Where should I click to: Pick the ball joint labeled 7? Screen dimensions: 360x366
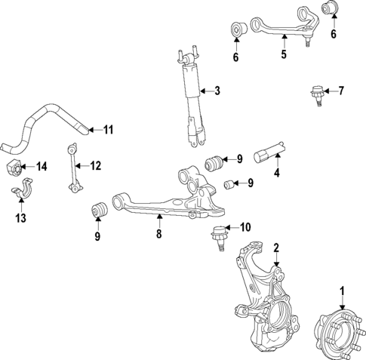coord(315,94)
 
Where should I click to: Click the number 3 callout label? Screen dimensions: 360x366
coord(217,91)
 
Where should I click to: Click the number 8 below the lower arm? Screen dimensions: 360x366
coord(159,235)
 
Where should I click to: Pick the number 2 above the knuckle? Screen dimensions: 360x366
coord(276,248)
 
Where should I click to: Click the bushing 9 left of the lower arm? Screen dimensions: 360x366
coord(97,211)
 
